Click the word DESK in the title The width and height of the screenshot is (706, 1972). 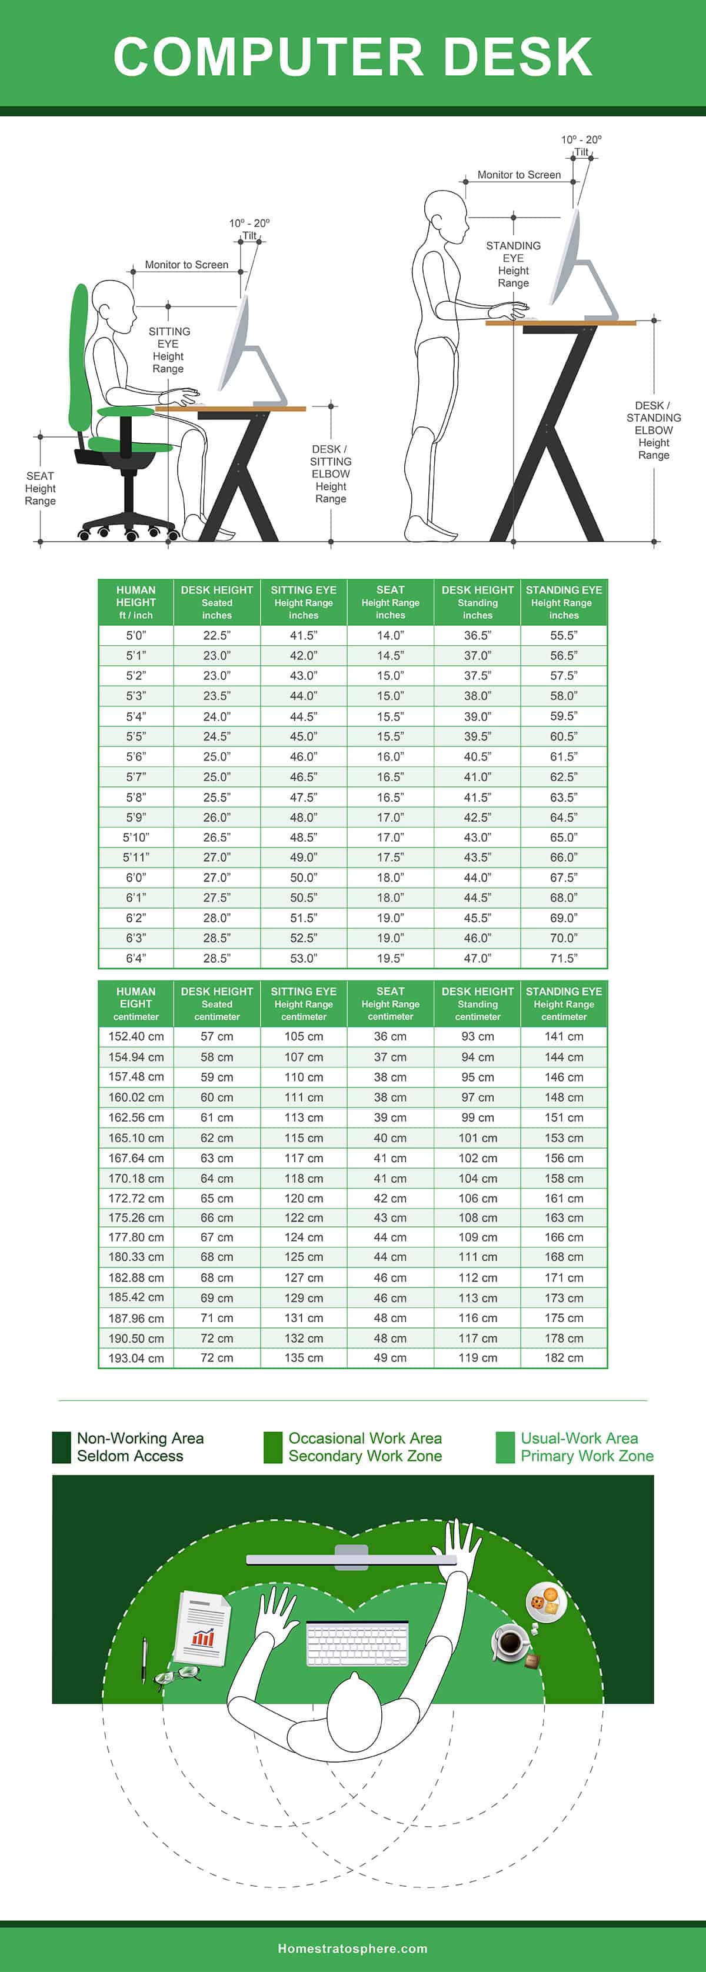(518, 56)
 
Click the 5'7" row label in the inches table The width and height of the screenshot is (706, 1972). (135, 776)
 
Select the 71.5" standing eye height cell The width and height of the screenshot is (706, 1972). (564, 957)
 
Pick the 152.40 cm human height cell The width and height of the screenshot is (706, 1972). (135, 1036)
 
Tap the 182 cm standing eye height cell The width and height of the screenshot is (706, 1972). (564, 1357)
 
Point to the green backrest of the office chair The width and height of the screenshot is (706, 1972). (79, 360)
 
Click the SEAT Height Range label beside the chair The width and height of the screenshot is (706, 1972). (40, 488)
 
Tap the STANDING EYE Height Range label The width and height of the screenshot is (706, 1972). (513, 264)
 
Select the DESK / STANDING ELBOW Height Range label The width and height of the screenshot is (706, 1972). (653, 431)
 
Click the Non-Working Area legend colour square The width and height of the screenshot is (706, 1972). (61, 1447)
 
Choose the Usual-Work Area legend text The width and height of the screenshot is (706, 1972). (587, 1447)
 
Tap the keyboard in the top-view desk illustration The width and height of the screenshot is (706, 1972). (357, 1643)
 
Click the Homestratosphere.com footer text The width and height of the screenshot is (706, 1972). (352, 1948)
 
